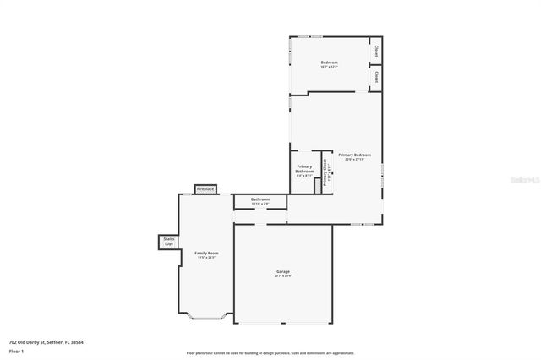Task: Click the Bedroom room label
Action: pos(329,63)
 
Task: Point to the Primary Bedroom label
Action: pos(354,155)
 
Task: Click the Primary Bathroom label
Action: pos(304,168)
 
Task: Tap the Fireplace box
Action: pos(205,189)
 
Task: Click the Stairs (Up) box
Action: pos(168,242)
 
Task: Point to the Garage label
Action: pos(282,271)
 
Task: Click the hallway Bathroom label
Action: pos(260,199)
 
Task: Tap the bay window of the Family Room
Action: pos(207,317)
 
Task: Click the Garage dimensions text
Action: pos(282,275)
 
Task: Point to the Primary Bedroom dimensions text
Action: pos(354,160)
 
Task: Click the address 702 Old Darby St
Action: pos(46,342)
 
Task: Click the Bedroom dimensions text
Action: pos(329,68)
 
